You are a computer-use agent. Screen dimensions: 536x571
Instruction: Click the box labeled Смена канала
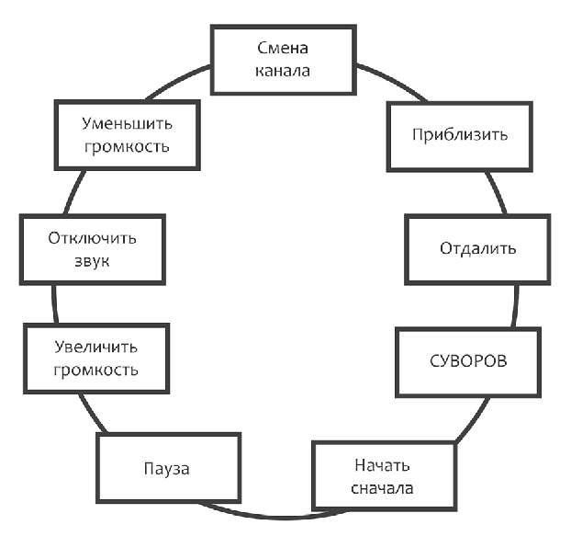click(x=284, y=60)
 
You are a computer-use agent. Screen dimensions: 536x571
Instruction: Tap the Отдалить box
click(x=477, y=249)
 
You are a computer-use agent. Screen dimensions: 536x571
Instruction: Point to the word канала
click(x=284, y=70)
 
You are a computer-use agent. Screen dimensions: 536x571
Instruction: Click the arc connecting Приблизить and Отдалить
click(x=495, y=192)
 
